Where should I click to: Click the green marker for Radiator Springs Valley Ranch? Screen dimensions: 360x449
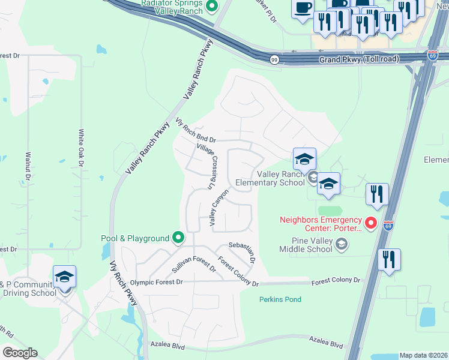211,7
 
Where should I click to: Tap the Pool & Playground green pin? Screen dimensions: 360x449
178,238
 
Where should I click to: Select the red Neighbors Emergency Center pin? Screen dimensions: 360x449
371,224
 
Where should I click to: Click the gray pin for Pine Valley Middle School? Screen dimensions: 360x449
342,243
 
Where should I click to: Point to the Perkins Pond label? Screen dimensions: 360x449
280,299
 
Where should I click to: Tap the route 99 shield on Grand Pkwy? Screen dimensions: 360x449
274,59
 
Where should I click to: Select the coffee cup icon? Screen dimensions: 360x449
303,8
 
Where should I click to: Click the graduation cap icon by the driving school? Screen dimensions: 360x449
64,277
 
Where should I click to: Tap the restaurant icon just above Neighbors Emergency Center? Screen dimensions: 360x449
377,193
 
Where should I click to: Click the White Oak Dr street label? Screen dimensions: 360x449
81,148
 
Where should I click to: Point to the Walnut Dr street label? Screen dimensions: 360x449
28,166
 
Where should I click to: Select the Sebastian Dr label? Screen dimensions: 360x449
243,253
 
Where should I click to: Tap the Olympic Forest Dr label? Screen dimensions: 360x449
156,282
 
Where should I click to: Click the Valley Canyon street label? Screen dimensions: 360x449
219,208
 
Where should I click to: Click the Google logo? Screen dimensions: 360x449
19,353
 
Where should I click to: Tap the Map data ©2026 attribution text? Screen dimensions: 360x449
423,355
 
